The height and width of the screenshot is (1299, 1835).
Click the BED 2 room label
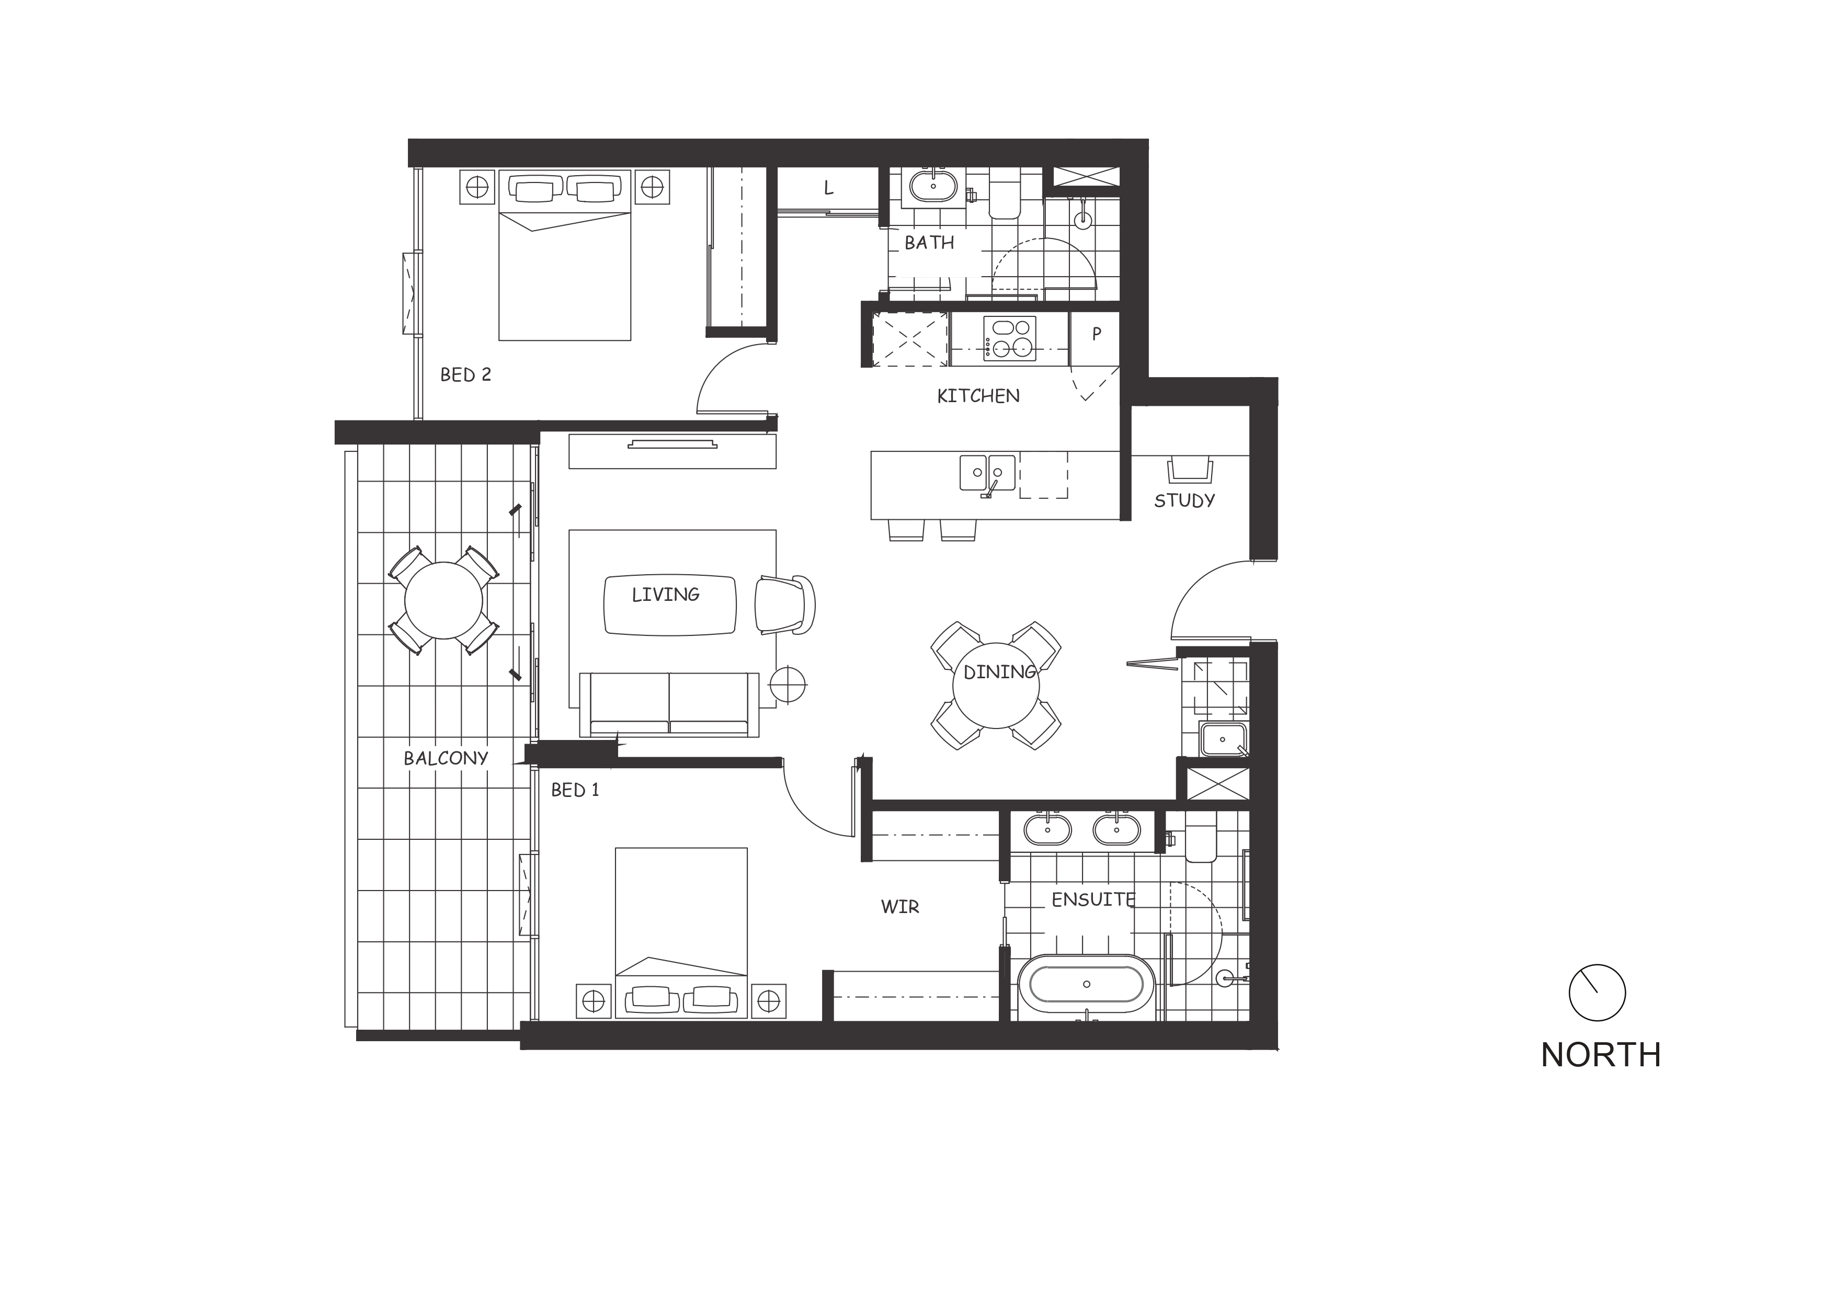pos(465,374)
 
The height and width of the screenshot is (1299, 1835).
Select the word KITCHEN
pos(978,396)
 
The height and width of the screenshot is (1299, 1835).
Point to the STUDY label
pos(1184,501)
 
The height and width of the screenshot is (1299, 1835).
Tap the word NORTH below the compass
pos(1601,1055)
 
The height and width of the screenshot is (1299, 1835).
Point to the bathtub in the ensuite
pos(1086,985)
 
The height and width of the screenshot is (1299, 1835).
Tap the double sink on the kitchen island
pos(988,473)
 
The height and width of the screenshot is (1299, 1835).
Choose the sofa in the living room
pos(669,704)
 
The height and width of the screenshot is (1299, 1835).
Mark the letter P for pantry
pos(1097,334)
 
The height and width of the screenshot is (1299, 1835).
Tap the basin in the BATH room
pos(933,186)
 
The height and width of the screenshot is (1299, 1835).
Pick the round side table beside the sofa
pos(788,686)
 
